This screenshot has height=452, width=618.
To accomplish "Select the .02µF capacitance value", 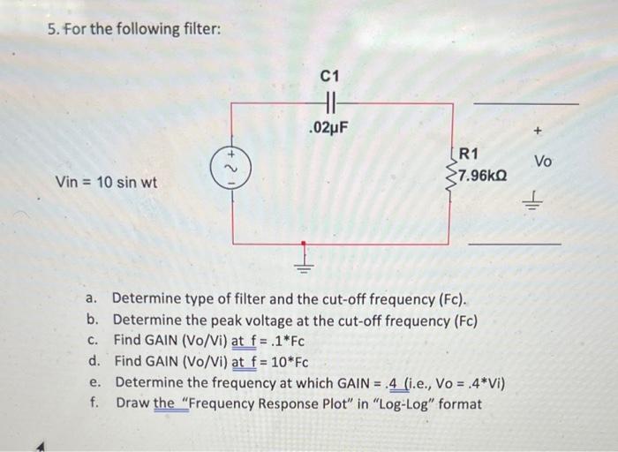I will (x=331, y=128).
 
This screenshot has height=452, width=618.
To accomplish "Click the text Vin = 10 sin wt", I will (x=106, y=183).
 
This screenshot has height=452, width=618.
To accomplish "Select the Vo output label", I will (x=543, y=162).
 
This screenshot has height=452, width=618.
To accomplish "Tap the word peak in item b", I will (x=232, y=320).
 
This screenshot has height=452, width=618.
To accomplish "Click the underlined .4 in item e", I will (x=394, y=383).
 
